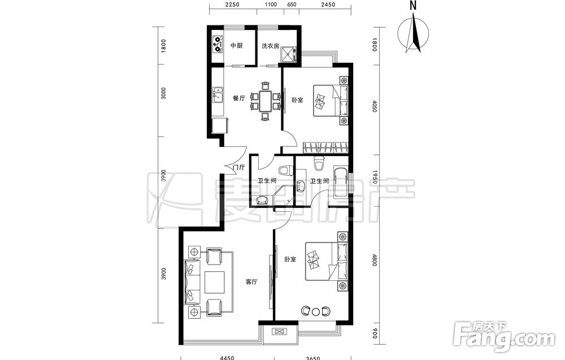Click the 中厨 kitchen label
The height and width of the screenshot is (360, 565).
pos(236,46)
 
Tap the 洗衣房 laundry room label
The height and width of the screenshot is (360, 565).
pos(270,46)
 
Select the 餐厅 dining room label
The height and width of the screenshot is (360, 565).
pos(239,98)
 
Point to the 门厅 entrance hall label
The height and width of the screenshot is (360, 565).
pos(239,167)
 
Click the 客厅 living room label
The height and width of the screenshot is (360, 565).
pos(251,282)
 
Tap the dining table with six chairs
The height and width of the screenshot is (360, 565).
pos(265,101)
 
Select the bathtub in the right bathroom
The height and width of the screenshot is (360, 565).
pos(341,182)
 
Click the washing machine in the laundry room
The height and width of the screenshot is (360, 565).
pos(289,54)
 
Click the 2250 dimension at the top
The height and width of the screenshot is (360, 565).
pos(232,5)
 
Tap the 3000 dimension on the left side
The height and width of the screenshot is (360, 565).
pos(163,93)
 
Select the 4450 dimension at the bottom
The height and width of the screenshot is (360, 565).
pos(227,358)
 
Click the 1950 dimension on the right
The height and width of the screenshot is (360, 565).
pos(374,177)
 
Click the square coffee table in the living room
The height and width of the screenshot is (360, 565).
pos(214,282)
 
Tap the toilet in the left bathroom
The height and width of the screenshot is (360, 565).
pos(285,170)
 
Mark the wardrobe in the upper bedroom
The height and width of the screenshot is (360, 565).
pos(325,147)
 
